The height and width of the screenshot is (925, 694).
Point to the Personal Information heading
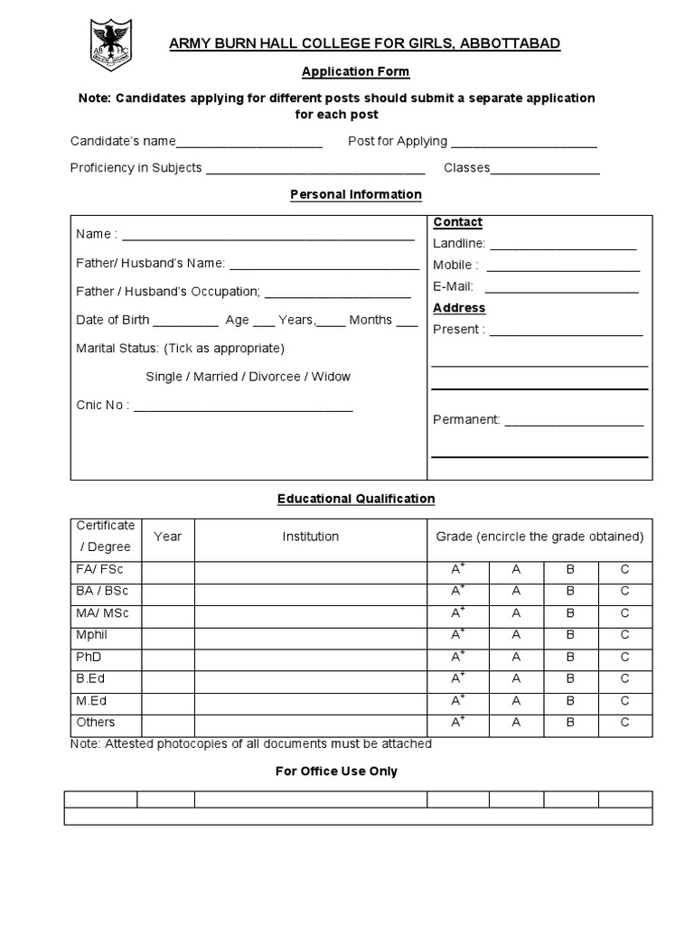(x=355, y=194)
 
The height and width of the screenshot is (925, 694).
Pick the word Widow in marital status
(x=331, y=377)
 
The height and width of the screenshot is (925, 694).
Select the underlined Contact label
(x=457, y=222)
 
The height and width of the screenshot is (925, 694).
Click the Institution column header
(x=310, y=537)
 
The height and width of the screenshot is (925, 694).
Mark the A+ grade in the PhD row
(x=457, y=658)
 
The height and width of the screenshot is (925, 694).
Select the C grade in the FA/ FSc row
(x=624, y=570)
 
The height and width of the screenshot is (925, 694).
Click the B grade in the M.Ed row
(x=570, y=701)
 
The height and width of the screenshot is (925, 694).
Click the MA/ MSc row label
(x=103, y=613)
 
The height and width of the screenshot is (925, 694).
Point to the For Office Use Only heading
(x=336, y=771)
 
